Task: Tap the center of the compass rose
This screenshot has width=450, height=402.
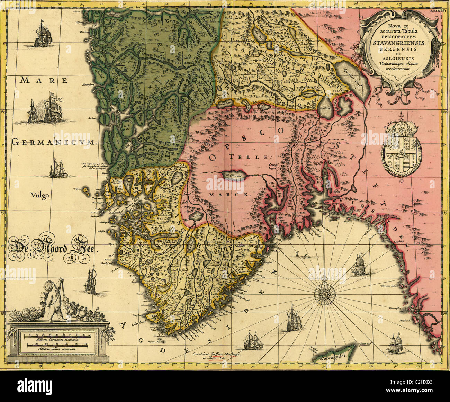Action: pos(324,294)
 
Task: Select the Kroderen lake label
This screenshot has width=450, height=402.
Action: pos(325,108)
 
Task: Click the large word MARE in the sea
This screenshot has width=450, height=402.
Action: pos(44,80)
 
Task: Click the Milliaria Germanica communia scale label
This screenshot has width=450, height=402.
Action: pos(58,341)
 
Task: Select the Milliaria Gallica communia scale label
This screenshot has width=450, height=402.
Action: pos(58,349)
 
